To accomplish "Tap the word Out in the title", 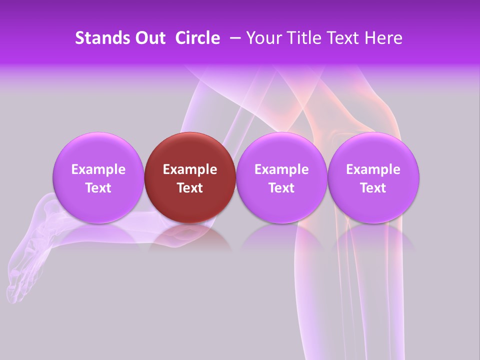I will click(x=148, y=38).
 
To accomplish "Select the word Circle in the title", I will click(x=197, y=38).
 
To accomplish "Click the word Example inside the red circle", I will click(x=190, y=169).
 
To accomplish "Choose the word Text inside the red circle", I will click(x=190, y=188).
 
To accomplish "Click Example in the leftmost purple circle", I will click(x=98, y=169).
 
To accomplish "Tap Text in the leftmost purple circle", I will click(x=98, y=188).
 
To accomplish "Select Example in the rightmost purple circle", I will click(x=373, y=169).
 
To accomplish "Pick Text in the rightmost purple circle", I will click(x=373, y=188).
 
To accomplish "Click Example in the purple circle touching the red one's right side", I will click(x=281, y=169).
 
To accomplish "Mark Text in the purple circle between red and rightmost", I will click(x=281, y=188).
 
